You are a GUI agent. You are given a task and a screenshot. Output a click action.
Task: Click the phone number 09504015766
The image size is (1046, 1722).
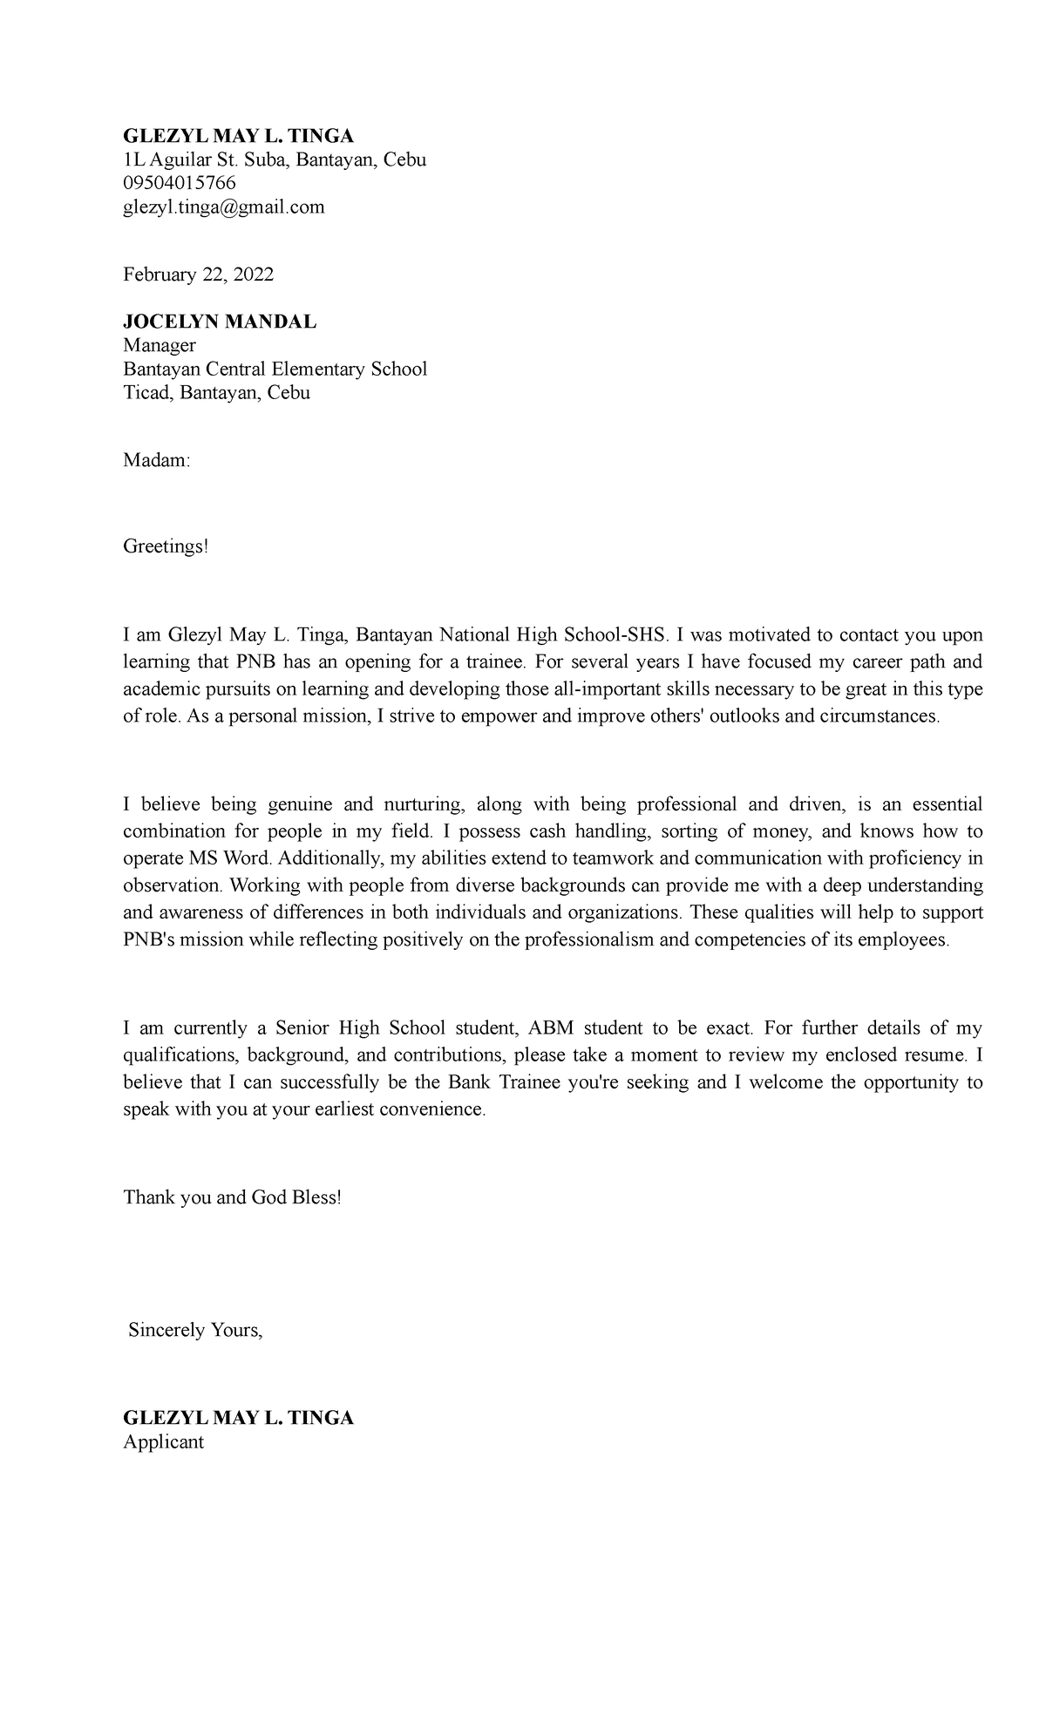click(180, 183)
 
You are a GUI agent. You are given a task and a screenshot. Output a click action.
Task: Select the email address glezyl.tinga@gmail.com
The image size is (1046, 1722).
click(223, 207)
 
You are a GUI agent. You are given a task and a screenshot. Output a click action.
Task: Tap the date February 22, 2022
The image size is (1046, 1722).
click(198, 275)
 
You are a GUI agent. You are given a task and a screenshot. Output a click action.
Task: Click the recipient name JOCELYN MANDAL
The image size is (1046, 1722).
click(220, 322)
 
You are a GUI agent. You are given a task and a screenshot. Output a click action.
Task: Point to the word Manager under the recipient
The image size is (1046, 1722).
click(160, 345)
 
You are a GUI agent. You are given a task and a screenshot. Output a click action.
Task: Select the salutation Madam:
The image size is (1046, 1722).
click(156, 461)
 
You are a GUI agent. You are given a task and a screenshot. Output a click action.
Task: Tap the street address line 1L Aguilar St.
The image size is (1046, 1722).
click(274, 159)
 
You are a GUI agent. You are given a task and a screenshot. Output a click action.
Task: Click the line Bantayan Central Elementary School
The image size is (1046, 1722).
click(275, 369)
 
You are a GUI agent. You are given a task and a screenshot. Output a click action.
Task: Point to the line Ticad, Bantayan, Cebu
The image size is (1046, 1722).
click(216, 392)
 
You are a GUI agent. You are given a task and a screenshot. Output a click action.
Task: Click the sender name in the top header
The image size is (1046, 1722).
click(238, 136)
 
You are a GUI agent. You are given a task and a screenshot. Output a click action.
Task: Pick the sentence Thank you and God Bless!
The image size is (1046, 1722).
click(232, 1197)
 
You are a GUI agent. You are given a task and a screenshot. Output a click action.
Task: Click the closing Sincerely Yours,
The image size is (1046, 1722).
click(195, 1331)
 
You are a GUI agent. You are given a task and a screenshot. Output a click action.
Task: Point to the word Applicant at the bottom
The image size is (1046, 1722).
click(163, 1441)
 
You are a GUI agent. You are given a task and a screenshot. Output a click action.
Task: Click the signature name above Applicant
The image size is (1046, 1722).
click(238, 1418)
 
